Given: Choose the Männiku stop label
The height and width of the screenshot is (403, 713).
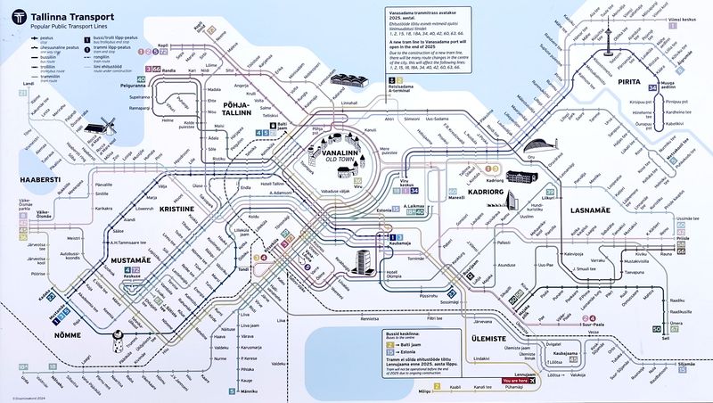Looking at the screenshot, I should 249,391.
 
